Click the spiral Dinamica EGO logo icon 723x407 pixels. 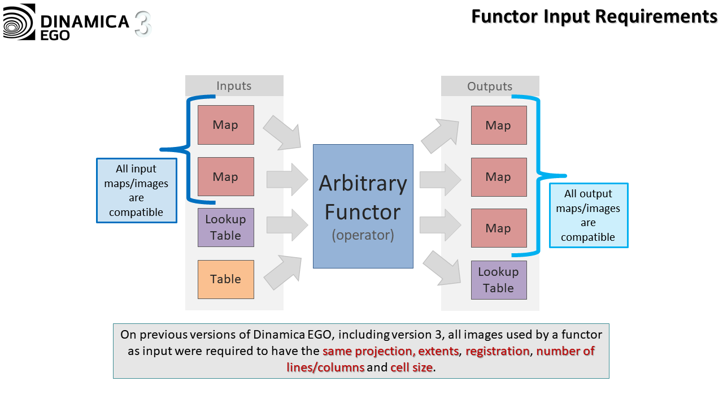(19, 22)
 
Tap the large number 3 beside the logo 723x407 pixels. (143, 24)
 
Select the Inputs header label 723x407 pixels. (234, 86)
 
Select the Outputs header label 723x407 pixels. (490, 86)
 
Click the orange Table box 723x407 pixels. (226, 279)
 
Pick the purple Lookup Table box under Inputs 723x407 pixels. (226, 227)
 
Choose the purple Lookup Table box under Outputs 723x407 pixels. (499, 280)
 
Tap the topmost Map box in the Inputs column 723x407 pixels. (226, 125)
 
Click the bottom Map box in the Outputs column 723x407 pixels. (499, 228)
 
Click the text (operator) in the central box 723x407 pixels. (363, 235)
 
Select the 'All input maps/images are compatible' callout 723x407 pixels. (137, 190)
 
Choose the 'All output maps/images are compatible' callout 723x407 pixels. (589, 215)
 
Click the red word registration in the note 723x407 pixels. (498, 351)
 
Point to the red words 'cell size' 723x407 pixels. (412, 367)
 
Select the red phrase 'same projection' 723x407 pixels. (368, 351)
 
